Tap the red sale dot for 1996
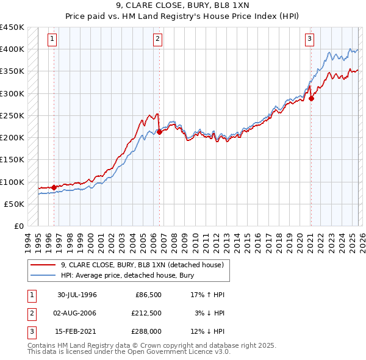point(54,187)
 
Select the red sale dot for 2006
point(159,131)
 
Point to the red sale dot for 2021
point(311,98)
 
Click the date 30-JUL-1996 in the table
point(77,295)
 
